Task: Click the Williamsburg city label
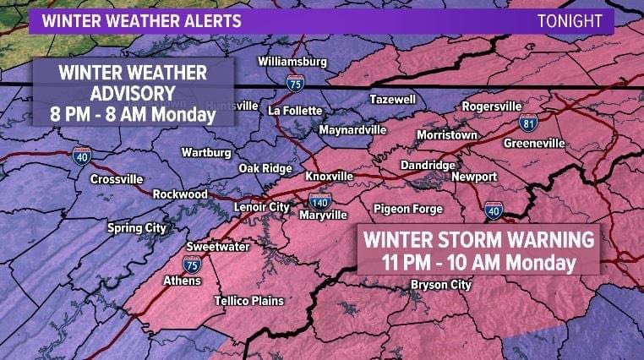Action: (x=292, y=62)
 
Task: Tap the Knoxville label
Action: (x=329, y=176)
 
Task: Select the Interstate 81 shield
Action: (x=528, y=123)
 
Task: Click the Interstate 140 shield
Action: (x=319, y=201)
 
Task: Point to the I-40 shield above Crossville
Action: (x=82, y=155)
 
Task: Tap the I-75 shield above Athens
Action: (x=193, y=265)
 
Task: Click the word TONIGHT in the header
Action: (x=570, y=21)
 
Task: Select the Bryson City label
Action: (x=440, y=285)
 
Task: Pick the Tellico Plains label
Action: (x=248, y=301)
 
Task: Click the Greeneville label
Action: (x=534, y=144)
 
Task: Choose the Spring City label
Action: (x=136, y=227)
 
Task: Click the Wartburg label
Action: (x=206, y=153)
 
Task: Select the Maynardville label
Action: (x=352, y=130)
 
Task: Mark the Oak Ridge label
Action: (x=265, y=168)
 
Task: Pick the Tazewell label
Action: (x=393, y=100)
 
